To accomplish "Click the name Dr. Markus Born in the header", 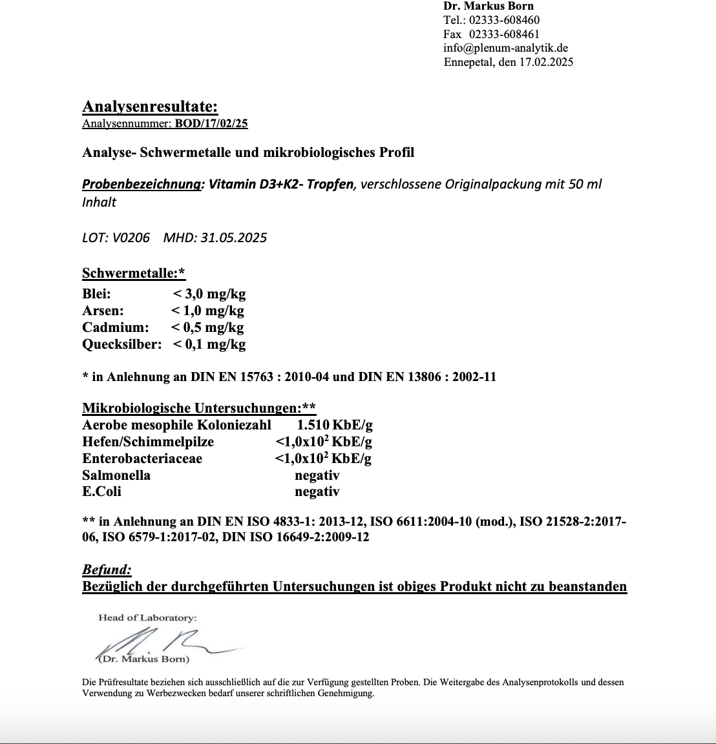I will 489,6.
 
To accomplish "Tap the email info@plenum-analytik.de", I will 506,48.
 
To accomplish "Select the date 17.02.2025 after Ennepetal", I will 546,62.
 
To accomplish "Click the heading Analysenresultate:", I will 150,107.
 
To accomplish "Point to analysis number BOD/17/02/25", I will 211,123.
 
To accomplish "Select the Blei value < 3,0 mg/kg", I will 209,294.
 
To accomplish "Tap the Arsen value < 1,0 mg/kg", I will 207,311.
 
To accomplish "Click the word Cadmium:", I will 116,327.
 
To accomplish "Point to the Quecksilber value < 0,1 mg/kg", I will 209,344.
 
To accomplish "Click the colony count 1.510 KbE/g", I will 335,425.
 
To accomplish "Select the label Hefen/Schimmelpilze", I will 148,442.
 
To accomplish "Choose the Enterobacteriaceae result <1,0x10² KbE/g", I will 323,459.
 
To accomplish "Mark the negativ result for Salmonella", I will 317,475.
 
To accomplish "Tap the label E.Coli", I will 101,491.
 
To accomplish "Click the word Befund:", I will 107,570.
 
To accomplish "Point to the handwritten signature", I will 168,643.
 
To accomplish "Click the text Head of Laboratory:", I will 147,618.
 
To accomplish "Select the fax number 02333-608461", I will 504,34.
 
